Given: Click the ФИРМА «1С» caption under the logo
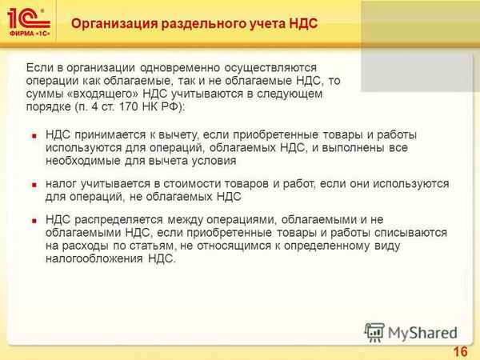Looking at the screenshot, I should click(27, 35).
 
